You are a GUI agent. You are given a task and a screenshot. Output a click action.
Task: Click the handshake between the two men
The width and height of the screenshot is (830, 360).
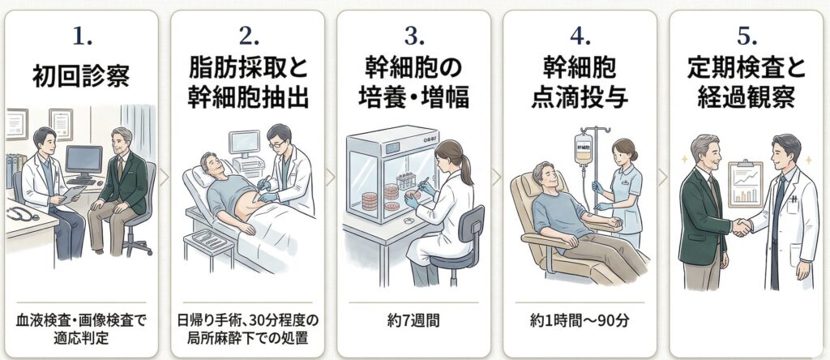(741, 228)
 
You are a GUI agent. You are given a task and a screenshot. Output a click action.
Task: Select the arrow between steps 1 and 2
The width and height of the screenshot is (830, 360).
(164, 177)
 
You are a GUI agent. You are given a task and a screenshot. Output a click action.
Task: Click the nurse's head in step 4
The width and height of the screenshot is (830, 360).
(625, 150)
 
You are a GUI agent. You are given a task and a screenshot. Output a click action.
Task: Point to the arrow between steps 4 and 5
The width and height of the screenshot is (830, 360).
(662, 177)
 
